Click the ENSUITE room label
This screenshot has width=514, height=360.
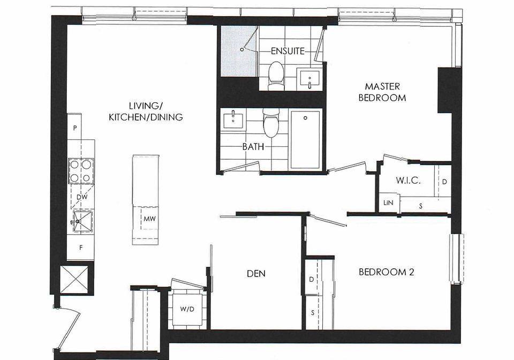(288, 51)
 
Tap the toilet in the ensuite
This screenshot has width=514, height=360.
(276, 76)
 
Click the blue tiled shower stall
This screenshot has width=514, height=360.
(238, 51)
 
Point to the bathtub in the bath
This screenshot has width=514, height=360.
(305, 140)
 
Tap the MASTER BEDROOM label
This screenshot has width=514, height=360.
(382, 92)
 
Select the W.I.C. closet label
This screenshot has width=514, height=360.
(408, 181)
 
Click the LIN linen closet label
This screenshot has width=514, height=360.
(388, 202)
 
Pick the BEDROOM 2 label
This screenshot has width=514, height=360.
(387, 272)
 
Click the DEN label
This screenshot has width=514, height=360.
(256, 273)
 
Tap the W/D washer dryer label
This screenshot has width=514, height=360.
(187, 309)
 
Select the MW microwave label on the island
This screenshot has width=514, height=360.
(149, 219)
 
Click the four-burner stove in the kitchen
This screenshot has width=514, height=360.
(81, 171)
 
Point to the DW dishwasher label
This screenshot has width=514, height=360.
(82, 197)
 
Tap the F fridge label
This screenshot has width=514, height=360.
(81, 248)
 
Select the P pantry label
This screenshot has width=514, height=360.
(75, 128)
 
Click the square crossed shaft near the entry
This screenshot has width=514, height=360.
(74, 280)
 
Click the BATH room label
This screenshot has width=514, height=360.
(253, 147)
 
